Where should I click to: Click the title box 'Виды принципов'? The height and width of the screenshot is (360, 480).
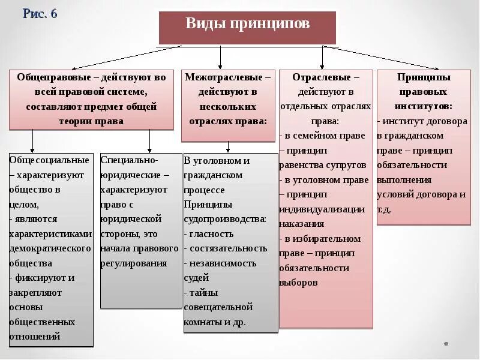click(247, 25)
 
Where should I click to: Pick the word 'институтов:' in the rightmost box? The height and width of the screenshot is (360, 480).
click(423, 106)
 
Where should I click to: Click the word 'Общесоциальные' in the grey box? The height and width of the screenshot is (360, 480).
click(49, 160)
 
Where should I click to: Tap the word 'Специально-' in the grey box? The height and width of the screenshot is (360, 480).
click(130, 160)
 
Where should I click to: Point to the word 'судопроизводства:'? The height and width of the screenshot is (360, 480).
click(225, 219)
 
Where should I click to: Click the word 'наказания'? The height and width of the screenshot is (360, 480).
click(301, 224)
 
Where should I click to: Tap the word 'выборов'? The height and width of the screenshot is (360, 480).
click(298, 282)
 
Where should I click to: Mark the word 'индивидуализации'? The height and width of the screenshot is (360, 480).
click(322, 209)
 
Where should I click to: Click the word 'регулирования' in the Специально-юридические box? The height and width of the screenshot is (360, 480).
click(134, 263)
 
